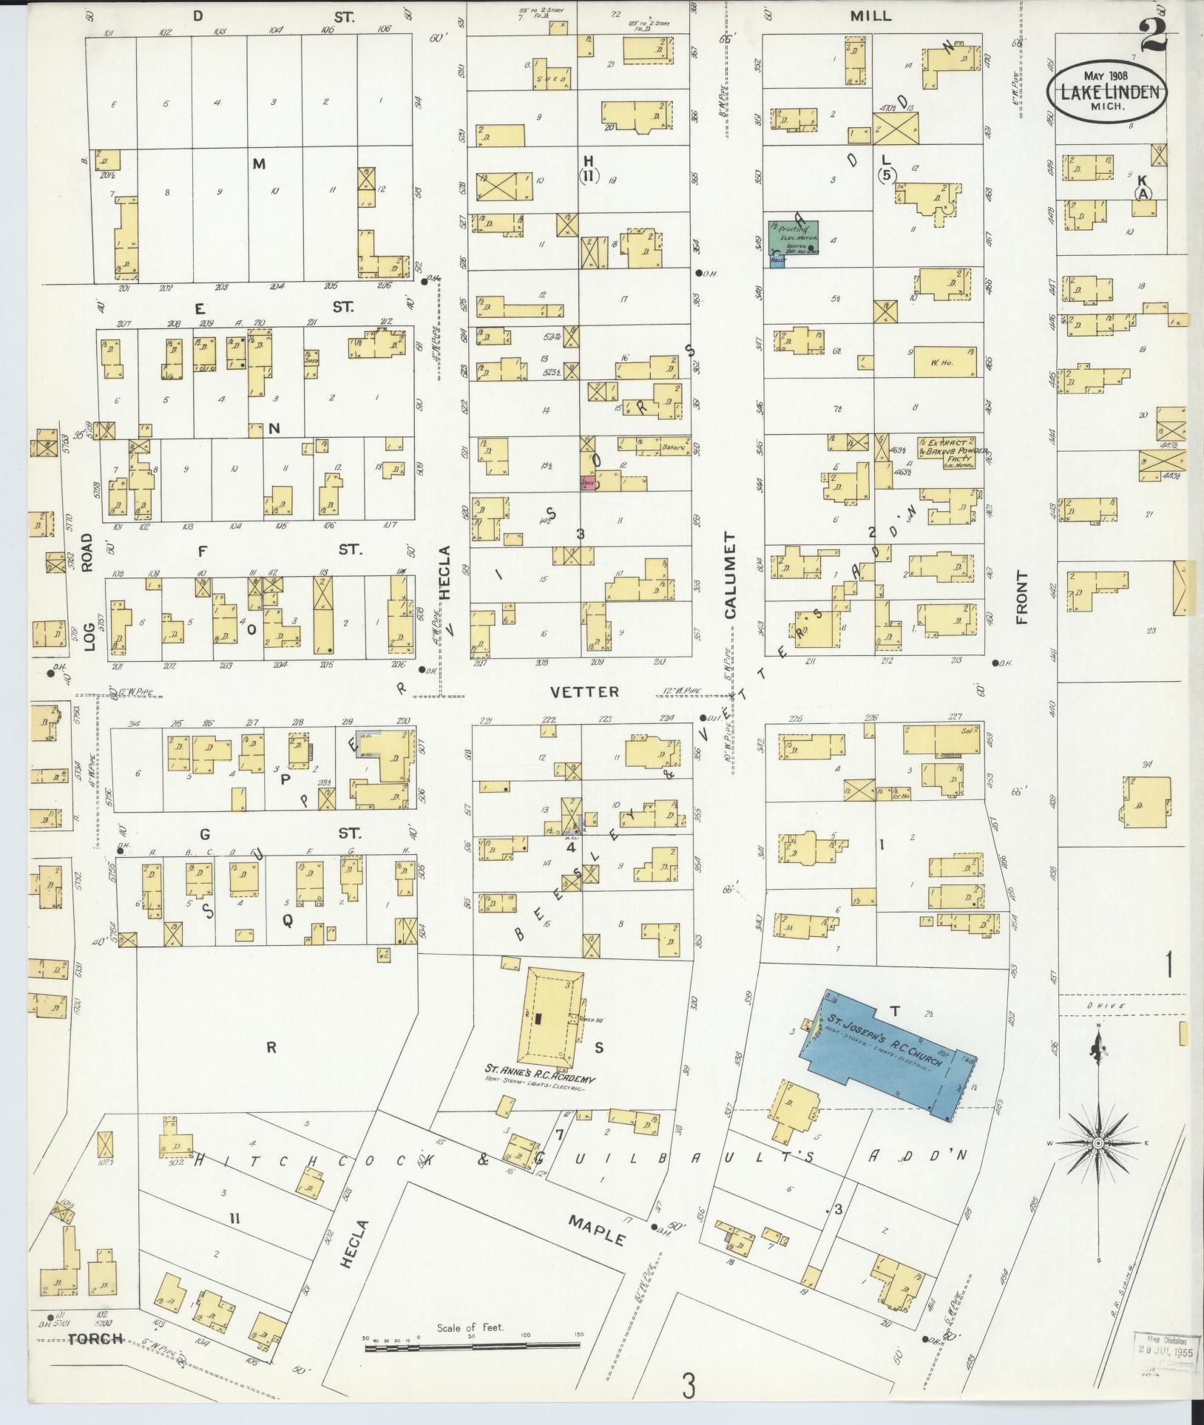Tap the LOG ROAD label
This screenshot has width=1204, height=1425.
(x=88, y=592)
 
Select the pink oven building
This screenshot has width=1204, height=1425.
(x=589, y=481)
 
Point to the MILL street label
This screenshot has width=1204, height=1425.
(x=870, y=16)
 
